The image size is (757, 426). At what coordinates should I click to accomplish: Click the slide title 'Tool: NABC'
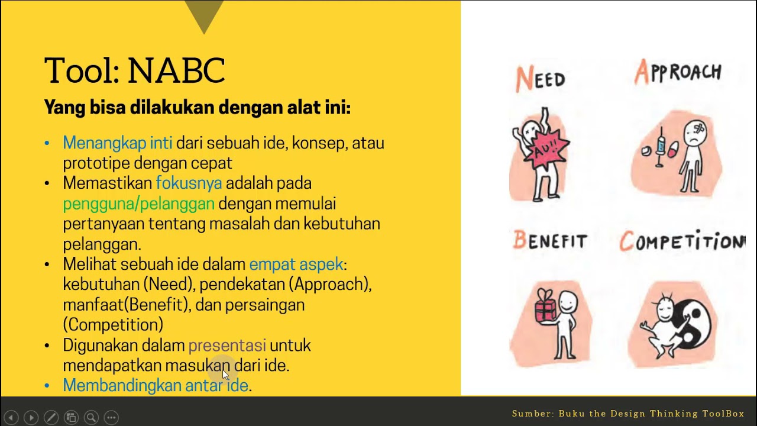tap(134, 70)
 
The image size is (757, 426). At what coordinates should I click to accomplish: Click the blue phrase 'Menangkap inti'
tap(117, 143)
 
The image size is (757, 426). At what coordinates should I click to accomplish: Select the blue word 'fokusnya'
tap(189, 183)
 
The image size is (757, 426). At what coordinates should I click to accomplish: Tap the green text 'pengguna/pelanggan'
tap(138, 204)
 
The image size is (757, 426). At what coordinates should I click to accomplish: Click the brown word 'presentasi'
tap(227, 346)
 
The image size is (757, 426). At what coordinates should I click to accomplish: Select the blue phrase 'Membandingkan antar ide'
tap(155, 386)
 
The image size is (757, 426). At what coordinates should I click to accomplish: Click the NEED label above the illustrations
tap(541, 79)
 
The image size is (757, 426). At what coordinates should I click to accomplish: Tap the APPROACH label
tap(678, 73)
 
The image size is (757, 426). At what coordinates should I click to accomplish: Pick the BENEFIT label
tap(550, 241)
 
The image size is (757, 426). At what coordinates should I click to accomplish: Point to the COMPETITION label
tap(681, 241)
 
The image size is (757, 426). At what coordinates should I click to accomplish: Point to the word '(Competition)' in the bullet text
tap(113, 325)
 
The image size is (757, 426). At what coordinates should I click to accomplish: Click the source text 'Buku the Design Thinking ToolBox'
tap(651, 414)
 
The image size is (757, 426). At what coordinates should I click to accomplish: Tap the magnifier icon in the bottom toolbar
tap(91, 418)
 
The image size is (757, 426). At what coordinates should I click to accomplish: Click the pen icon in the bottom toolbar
tap(51, 418)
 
